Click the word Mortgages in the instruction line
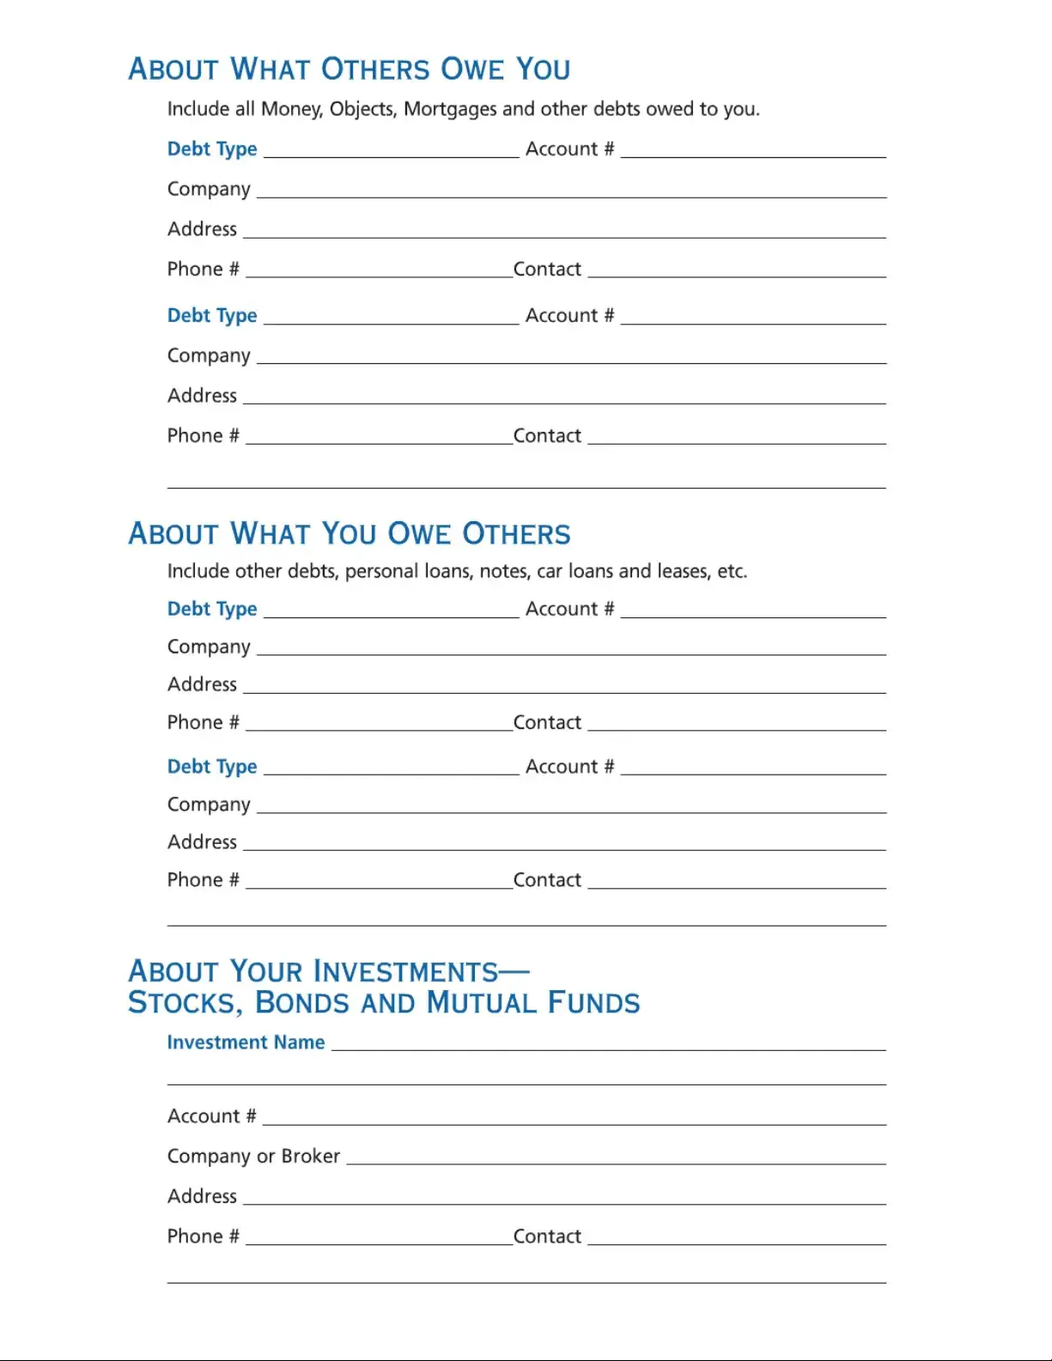pyautogui.click(x=450, y=109)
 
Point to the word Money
pyautogui.click(x=291, y=109)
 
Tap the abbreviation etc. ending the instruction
pyautogui.click(x=733, y=571)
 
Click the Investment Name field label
pyautogui.click(x=246, y=1042)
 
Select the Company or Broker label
pyautogui.click(x=253, y=1156)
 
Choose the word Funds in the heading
pyautogui.click(x=593, y=1003)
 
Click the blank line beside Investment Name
pyautogui.click(x=608, y=1044)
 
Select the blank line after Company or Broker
pyautogui.click(x=616, y=1158)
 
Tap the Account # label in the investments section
pyautogui.click(x=211, y=1116)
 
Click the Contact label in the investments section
pyautogui.click(x=547, y=1236)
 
